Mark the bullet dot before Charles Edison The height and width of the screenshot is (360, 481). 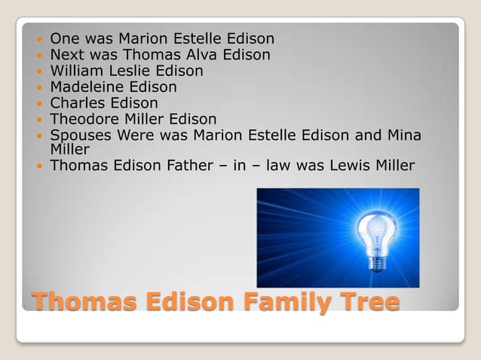coord(39,104)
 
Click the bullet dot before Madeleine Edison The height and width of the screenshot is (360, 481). coord(39,88)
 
